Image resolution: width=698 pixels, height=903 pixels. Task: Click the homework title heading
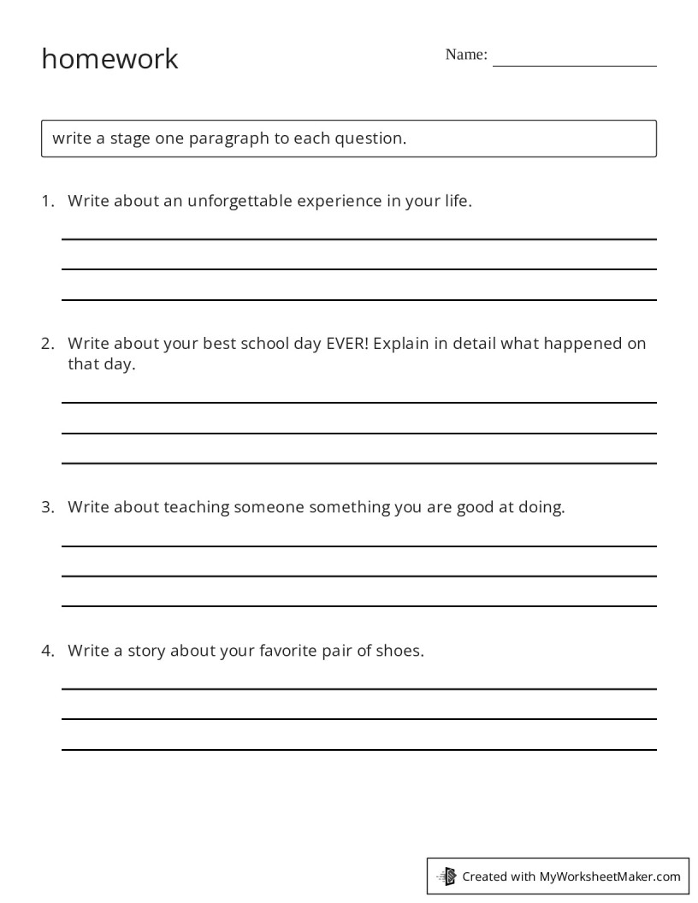[x=109, y=59]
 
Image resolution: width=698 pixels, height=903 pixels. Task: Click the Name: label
[x=466, y=55]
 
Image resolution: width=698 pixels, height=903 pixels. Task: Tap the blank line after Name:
[x=574, y=65]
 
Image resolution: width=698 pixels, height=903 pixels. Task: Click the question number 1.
[x=47, y=202]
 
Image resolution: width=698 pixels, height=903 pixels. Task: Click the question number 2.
[x=47, y=344]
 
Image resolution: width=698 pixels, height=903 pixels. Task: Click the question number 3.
[x=47, y=507]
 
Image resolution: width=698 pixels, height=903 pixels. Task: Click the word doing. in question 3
[x=541, y=507]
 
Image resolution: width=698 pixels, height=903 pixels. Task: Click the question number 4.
[x=47, y=651]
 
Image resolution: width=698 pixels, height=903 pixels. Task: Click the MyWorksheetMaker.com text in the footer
[x=610, y=876]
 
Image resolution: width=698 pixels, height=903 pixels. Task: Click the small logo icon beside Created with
[x=447, y=876]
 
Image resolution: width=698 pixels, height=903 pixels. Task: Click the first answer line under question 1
[x=359, y=239]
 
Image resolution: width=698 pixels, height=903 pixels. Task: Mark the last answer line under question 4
[x=359, y=750]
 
